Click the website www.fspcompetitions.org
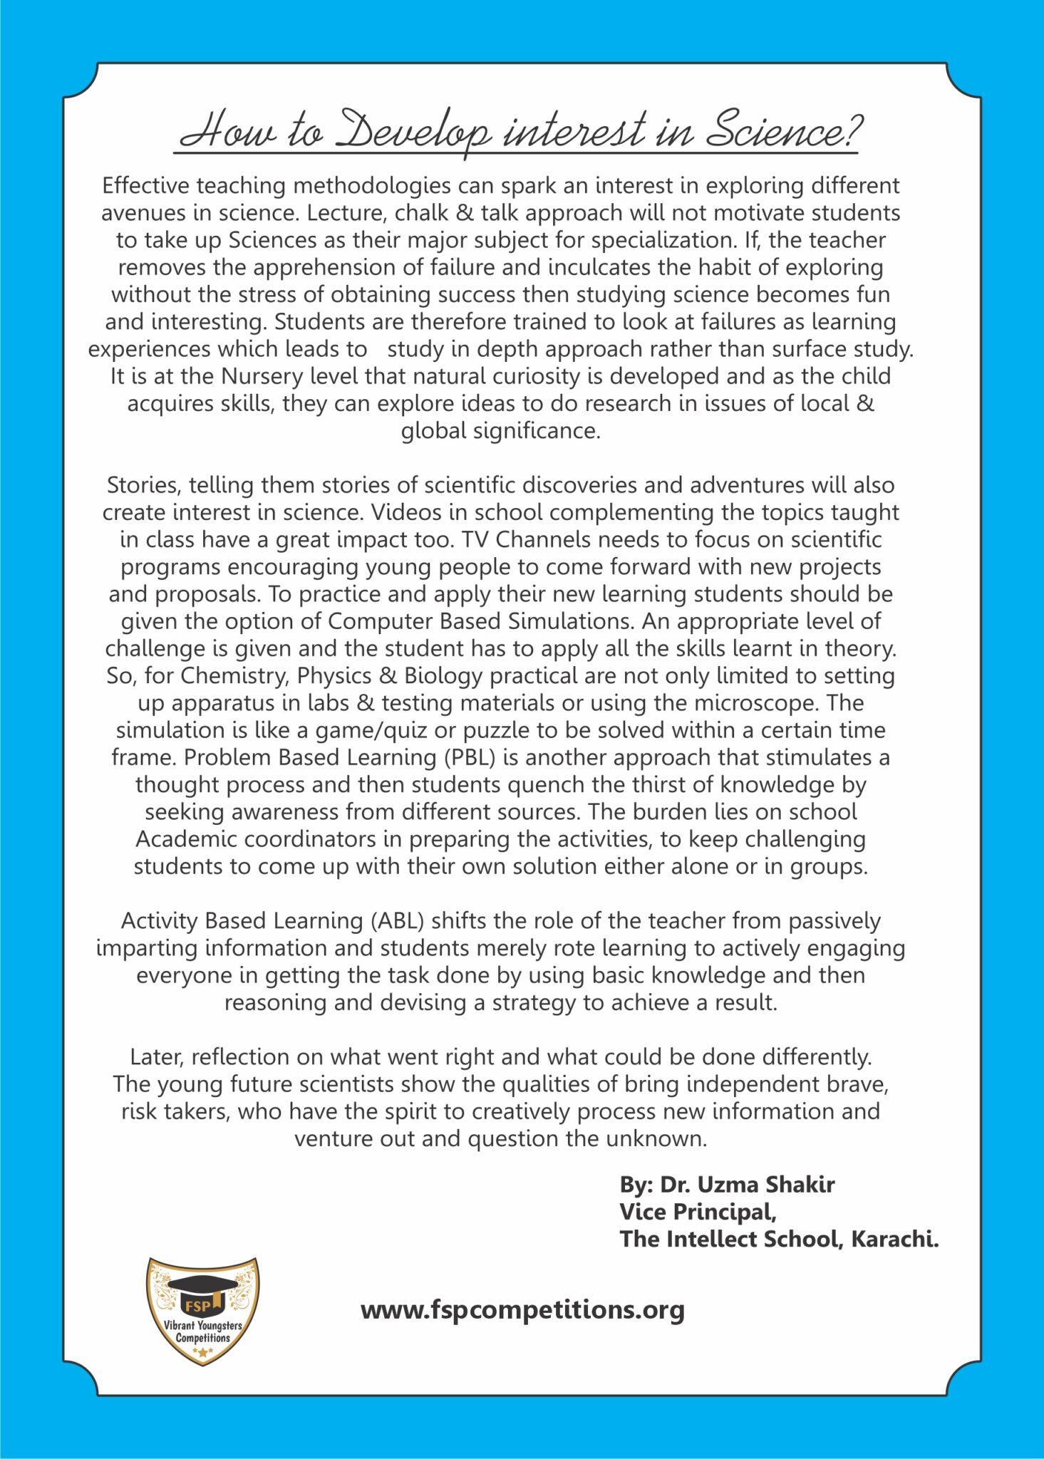[x=522, y=1309]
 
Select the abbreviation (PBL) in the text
[x=470, y=757]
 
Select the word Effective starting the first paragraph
[x=145, y=185]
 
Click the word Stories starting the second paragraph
[x=145, y=485]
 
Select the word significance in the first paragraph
[x=526, y=431]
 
